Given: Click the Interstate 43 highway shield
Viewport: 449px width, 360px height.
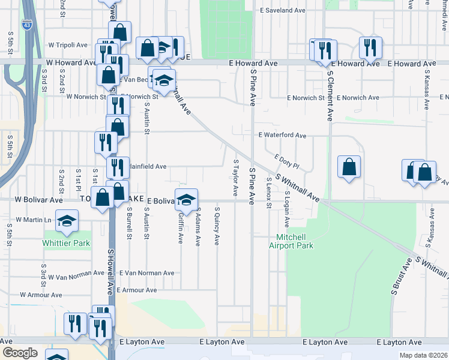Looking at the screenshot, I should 26,25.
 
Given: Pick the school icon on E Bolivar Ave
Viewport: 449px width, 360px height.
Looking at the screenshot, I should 186,199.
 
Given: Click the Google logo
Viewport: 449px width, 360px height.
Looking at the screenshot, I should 20,352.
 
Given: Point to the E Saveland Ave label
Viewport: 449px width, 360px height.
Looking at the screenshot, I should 283,11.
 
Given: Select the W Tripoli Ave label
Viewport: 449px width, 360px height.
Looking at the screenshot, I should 68,45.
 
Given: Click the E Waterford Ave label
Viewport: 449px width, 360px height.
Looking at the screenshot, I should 282,136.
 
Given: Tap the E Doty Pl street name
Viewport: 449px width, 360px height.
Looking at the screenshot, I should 286,161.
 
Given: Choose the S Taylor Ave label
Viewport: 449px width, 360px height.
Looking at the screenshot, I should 235,178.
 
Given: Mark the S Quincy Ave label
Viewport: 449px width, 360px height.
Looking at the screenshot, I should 217,226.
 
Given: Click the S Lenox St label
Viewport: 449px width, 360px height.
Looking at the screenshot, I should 268,193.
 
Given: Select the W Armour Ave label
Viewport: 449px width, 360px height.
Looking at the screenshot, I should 41,295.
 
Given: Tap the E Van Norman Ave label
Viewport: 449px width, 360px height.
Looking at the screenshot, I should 146,272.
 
